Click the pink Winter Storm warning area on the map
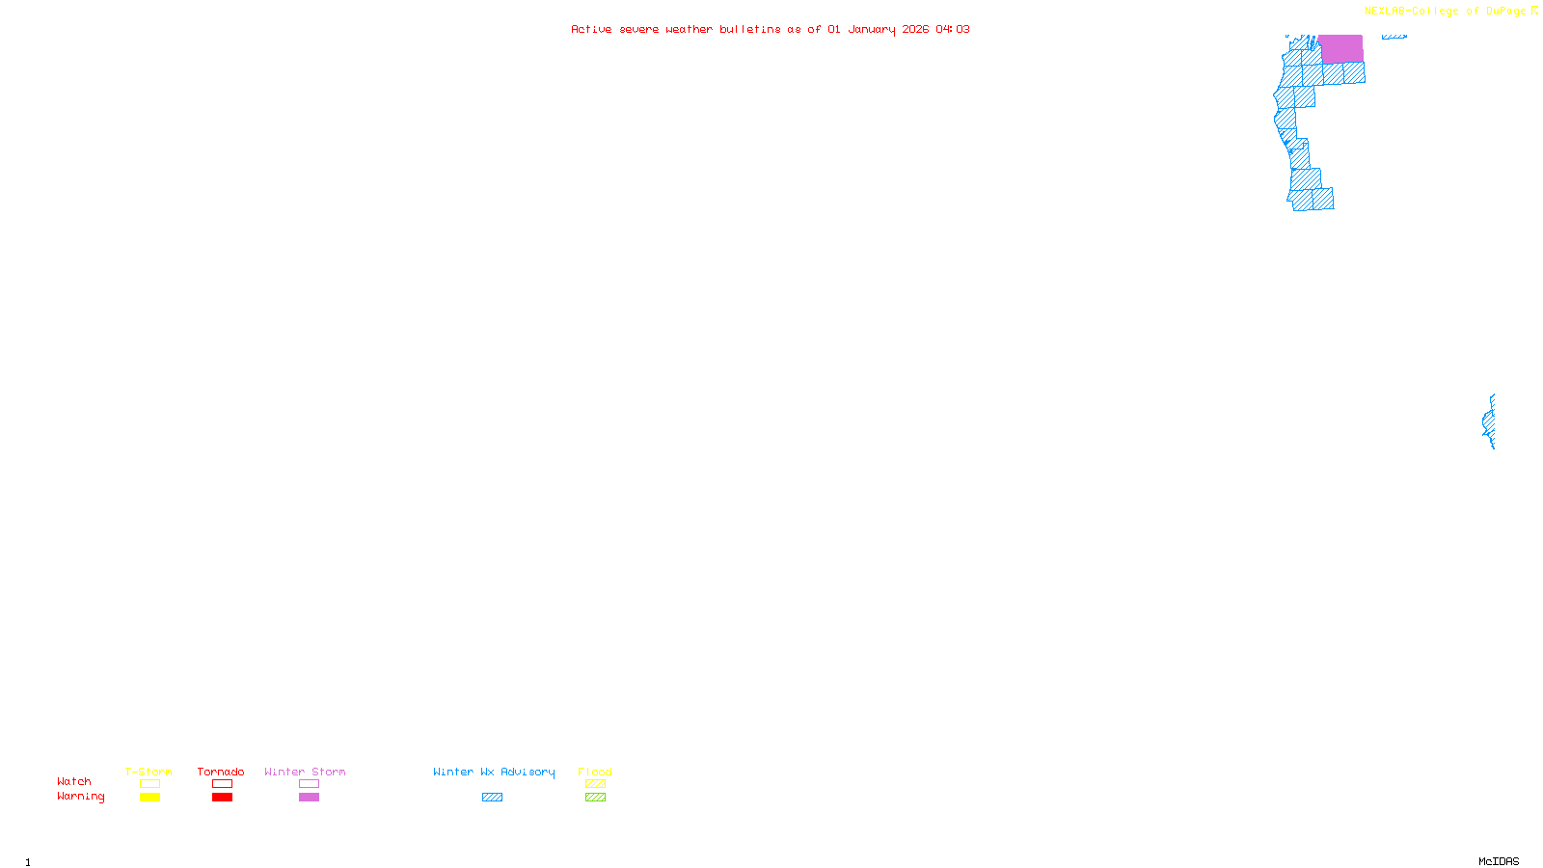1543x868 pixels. click(x=1340, y=48)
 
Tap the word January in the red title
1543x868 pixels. click(x=872, y=29)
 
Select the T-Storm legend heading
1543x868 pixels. click(x=149, y=772)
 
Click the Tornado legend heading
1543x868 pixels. click(x=221, y=772)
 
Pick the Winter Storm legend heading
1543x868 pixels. click(x=305, y=772)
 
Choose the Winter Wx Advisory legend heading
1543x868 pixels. click(x=494, y=772)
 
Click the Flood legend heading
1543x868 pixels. click(x=595, y=772)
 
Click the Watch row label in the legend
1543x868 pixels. click(x=74, y=781)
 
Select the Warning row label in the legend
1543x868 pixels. click(x=81, y=797)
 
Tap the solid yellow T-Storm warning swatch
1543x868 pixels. click(x=149, y=798)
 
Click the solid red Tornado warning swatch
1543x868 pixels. click(x=222, y=798)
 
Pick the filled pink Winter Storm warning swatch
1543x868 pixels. click(x=309, y=798)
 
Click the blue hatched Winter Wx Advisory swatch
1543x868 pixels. click(x=492, y=798)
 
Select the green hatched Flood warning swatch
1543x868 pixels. click(x=595, y=798)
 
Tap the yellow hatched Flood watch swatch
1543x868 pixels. click(x=595, y=784)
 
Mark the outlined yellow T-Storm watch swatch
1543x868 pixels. click(x=149, y=784)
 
